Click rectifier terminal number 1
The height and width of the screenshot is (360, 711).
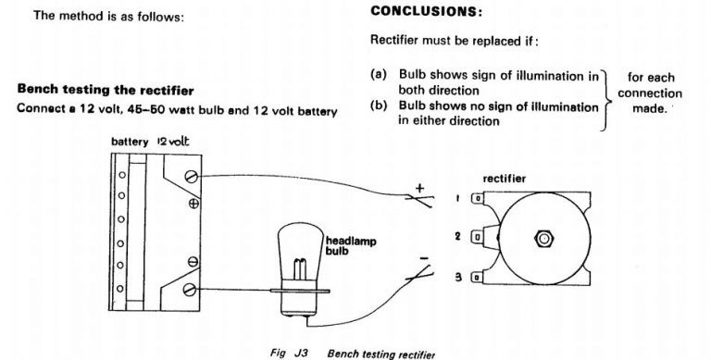coord(479,198)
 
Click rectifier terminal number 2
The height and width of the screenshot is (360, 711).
coord(479,237)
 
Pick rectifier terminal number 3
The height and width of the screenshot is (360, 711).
coord(479,277)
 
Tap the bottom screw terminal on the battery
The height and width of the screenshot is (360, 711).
coord(191,290)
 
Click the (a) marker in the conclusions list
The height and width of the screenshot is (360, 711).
coord(378,74)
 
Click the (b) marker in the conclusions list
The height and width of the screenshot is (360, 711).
coord(378,107)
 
